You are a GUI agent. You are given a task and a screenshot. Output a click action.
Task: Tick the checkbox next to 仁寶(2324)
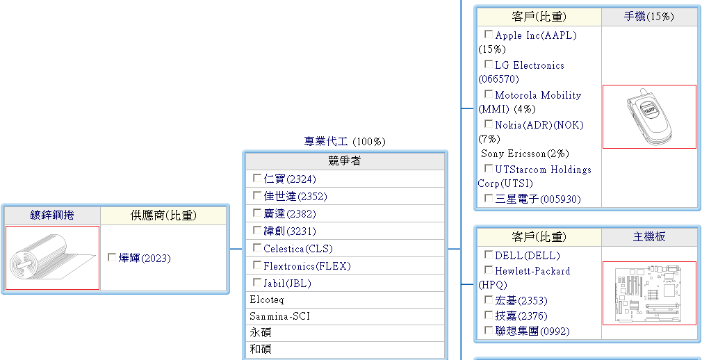tap(257, 179)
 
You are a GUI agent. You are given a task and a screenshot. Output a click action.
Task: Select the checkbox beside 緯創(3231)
tap(257, 231)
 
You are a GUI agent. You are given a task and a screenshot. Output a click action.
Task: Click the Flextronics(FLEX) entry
tap(307, 266)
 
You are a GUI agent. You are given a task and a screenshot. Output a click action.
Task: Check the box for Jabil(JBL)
tap(257, 283)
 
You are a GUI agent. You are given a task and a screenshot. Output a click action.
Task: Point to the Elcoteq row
tap(267, 300)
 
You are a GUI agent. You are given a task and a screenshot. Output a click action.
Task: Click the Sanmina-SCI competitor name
tap(279, 316)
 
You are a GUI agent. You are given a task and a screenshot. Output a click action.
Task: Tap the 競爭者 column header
tap(344, 161)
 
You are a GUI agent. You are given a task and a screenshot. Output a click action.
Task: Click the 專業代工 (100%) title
tap(344, 142)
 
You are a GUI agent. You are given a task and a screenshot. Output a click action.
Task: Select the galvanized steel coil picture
tap(52, 258)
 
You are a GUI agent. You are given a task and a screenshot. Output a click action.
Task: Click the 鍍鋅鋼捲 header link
tap(52, 215)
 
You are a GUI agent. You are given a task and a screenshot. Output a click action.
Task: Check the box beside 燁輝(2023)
tap(112, 258)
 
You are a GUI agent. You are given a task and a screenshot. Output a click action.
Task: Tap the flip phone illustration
tap(649, 117)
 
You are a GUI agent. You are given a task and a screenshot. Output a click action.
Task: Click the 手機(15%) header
tap(649, 17)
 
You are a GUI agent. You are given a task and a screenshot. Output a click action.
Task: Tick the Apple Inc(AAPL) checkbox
tap(489, 35)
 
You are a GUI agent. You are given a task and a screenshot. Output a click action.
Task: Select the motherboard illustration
tap(649, 293)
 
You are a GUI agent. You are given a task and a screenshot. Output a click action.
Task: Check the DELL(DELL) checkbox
tap(489, 255)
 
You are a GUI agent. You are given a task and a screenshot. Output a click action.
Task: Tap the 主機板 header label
tap(649, 237)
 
